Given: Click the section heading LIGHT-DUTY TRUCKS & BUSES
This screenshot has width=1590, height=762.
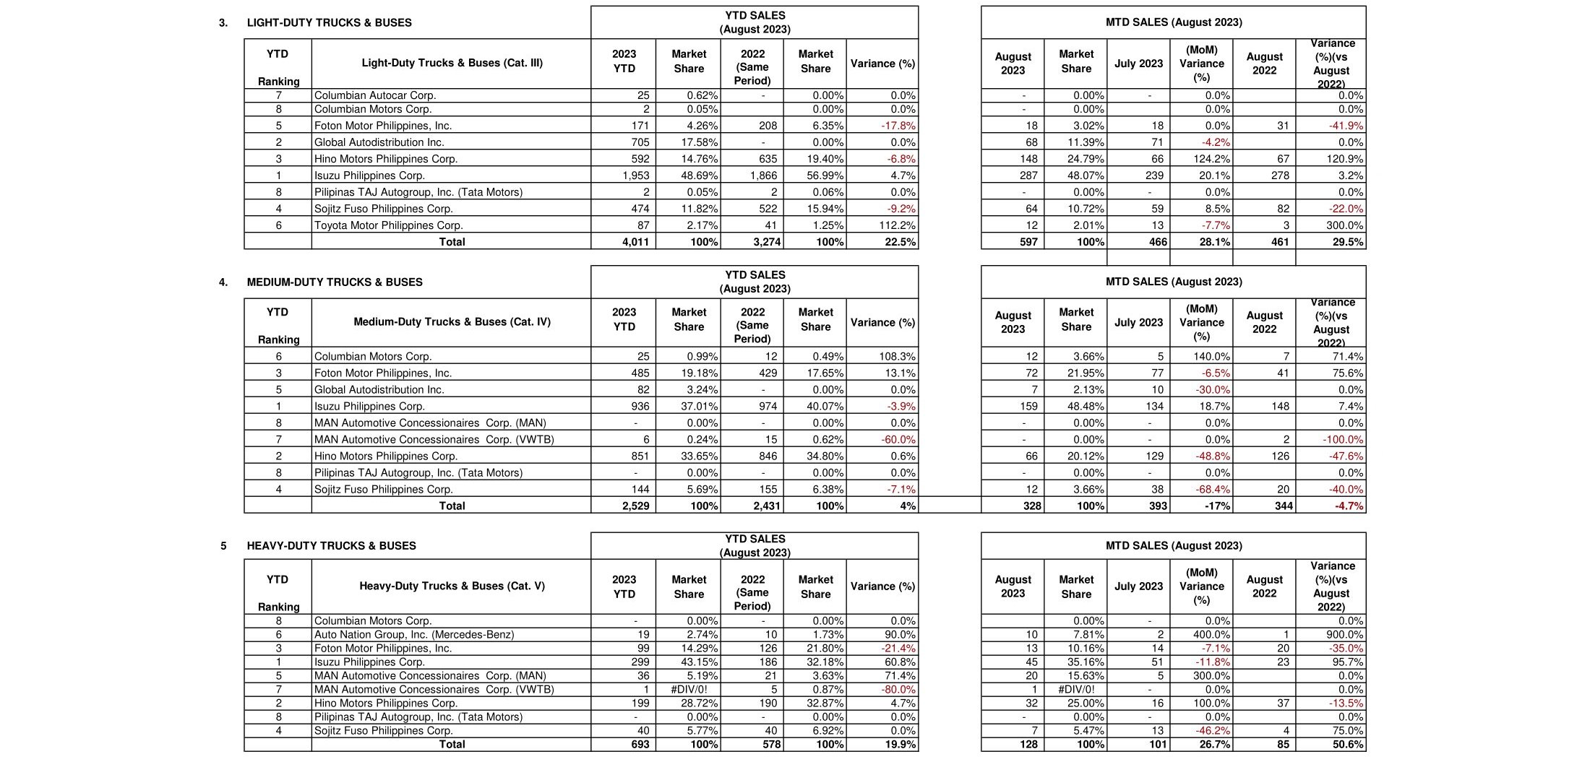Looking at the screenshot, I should click(329, 23).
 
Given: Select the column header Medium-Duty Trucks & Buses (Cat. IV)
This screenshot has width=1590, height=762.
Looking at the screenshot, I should click(452, 322).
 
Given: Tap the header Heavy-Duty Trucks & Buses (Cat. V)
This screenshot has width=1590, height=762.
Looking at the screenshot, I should click(452, 586).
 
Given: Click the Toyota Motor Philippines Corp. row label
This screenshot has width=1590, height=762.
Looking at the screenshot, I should click(388, 225).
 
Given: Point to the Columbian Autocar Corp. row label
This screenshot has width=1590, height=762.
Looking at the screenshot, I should click(375, 95).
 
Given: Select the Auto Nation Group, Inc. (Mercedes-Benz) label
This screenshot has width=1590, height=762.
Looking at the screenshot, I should click(414, 635).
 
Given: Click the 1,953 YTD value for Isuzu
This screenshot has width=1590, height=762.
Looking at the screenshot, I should click(635, 176).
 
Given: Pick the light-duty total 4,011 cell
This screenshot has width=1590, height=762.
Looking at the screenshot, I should click(635, 242).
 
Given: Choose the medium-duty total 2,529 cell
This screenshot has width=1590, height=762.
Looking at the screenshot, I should click(635, 506).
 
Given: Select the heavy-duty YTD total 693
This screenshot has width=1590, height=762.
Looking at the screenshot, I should click(640, 745).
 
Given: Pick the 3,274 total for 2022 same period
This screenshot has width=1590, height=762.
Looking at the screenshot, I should click(767, 242).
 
